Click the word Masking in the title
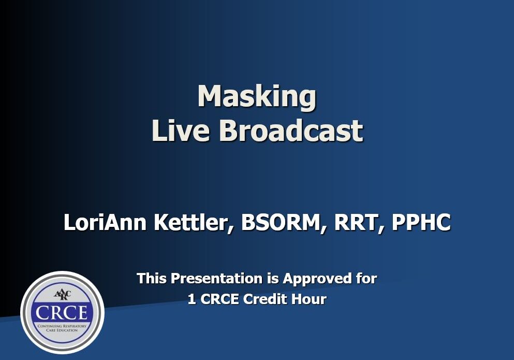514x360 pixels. pyautogui.click(x=257, y=97)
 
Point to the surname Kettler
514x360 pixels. pyautogui.click(x=196, y=223)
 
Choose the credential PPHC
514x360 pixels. pyautogui.click(x=421, y=223)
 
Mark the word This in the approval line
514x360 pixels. pyautogui.click(x=152, y=279)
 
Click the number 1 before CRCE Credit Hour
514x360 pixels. pyautogui.click(x=192, y=299)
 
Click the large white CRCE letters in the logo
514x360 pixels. pyautogui.click(x=62, y=312)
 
